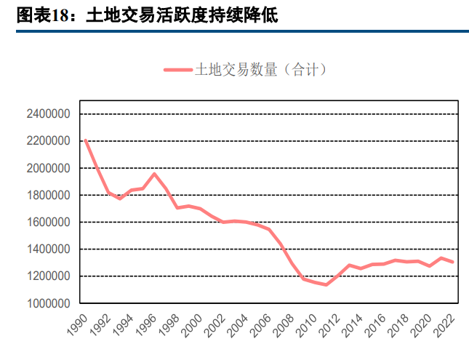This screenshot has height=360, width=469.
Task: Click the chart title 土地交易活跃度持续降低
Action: (x=182, y=15)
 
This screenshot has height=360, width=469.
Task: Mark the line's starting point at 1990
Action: (x=86, y=140)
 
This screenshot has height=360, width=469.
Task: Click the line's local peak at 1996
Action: (x=154, y=174)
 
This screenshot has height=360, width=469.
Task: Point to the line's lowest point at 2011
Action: (x=326, y=284)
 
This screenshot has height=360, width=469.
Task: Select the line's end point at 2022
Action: (x=453, y=262)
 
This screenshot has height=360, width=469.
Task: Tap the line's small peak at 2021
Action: (x=441, y=257)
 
